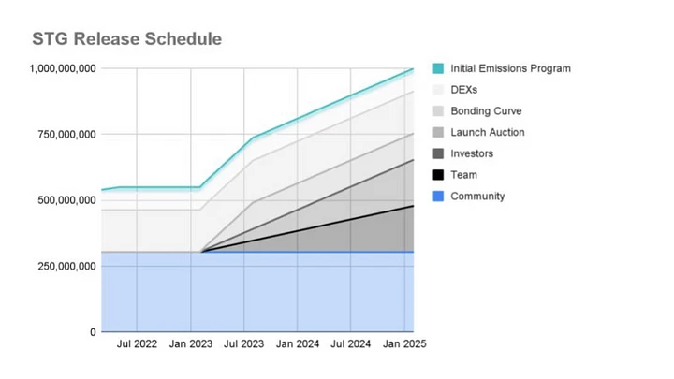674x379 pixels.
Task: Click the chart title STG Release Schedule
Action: point(126,39)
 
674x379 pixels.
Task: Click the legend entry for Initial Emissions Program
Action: point(510,68)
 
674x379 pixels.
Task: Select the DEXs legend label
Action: point(464,90)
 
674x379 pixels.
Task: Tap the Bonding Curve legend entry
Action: point(486,111)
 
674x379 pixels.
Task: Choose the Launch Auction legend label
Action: point(487,133)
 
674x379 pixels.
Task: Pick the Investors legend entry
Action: point(472,153)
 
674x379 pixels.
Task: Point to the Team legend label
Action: point(463,175)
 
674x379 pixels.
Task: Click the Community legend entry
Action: point(477,197)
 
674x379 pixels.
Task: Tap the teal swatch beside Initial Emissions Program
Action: point(438,68)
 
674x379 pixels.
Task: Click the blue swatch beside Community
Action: point(438,197)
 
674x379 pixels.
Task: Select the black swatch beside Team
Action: point(438,175)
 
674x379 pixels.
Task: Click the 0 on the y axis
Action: point(92,332)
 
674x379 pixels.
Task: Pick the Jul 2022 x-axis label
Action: point(137,344)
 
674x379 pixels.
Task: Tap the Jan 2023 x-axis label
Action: point(190,344)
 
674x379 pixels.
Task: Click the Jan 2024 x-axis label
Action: point(299,344)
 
